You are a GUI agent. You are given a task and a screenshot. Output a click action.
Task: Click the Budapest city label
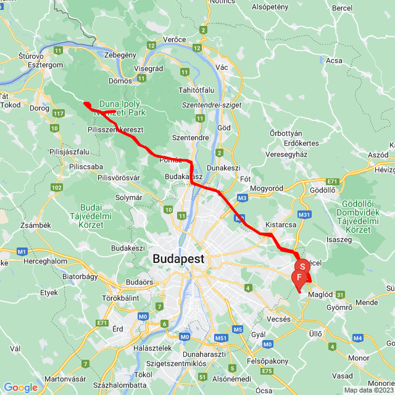tap(180, 259)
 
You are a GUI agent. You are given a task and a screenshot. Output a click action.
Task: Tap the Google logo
tap(20, 387)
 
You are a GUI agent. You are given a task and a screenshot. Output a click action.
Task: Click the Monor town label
tap(358, 357)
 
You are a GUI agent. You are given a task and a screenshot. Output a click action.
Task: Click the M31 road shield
tap(304, 214)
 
